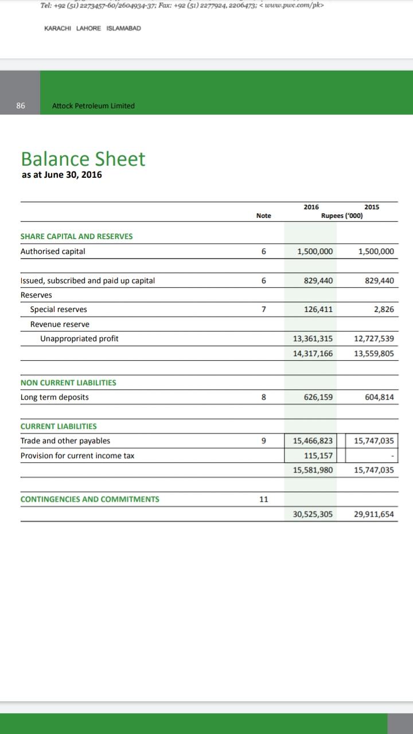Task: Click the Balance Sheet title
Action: click(83, 159)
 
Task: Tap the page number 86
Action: click(21, 106)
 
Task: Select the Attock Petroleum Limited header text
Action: click(93, 106)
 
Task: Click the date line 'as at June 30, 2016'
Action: click(61, 175)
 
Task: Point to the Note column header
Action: click(263, 216)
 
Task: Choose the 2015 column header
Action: click(371, 207)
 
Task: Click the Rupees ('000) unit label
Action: click(341, 216)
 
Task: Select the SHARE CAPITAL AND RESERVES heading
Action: click(76, 236)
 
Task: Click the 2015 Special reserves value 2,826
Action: click(384, 310)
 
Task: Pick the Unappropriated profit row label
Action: click(79, 339)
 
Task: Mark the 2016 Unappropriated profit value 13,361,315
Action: click(313, 339)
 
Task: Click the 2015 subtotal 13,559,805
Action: click(374, 354)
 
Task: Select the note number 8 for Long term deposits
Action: click(263, 397)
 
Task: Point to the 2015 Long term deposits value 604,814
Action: click(379, 397)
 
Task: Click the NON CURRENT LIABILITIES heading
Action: click(68, 382)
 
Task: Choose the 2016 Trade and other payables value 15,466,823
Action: click(313, 441)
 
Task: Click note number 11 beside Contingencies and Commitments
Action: click(263, 499)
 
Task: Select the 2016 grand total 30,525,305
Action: click(313, 514)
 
